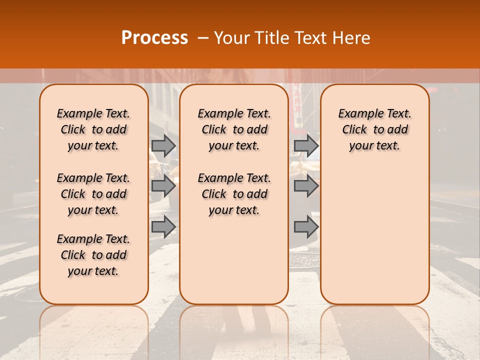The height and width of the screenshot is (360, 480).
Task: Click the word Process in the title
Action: point(154,38)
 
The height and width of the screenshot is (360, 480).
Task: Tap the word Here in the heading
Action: point(353,38)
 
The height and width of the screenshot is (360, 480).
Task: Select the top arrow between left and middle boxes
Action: point(163,145)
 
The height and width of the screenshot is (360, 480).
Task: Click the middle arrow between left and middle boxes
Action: point(163,186)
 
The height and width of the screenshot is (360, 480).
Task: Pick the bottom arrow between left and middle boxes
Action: point(163,227)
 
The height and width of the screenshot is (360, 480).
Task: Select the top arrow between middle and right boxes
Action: point(306,145)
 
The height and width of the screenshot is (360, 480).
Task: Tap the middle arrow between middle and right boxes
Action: point(306,186)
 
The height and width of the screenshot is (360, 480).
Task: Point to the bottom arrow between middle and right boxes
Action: point(306,227)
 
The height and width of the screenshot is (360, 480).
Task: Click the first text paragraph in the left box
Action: point(93,129)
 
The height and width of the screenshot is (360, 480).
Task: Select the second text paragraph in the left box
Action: point(93,194)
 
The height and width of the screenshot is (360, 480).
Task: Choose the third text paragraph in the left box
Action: point(93,255)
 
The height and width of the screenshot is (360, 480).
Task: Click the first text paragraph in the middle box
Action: point(234,129)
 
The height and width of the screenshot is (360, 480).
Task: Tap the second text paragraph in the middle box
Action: point(234,194)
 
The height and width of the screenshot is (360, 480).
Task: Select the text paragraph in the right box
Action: point(374,129)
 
